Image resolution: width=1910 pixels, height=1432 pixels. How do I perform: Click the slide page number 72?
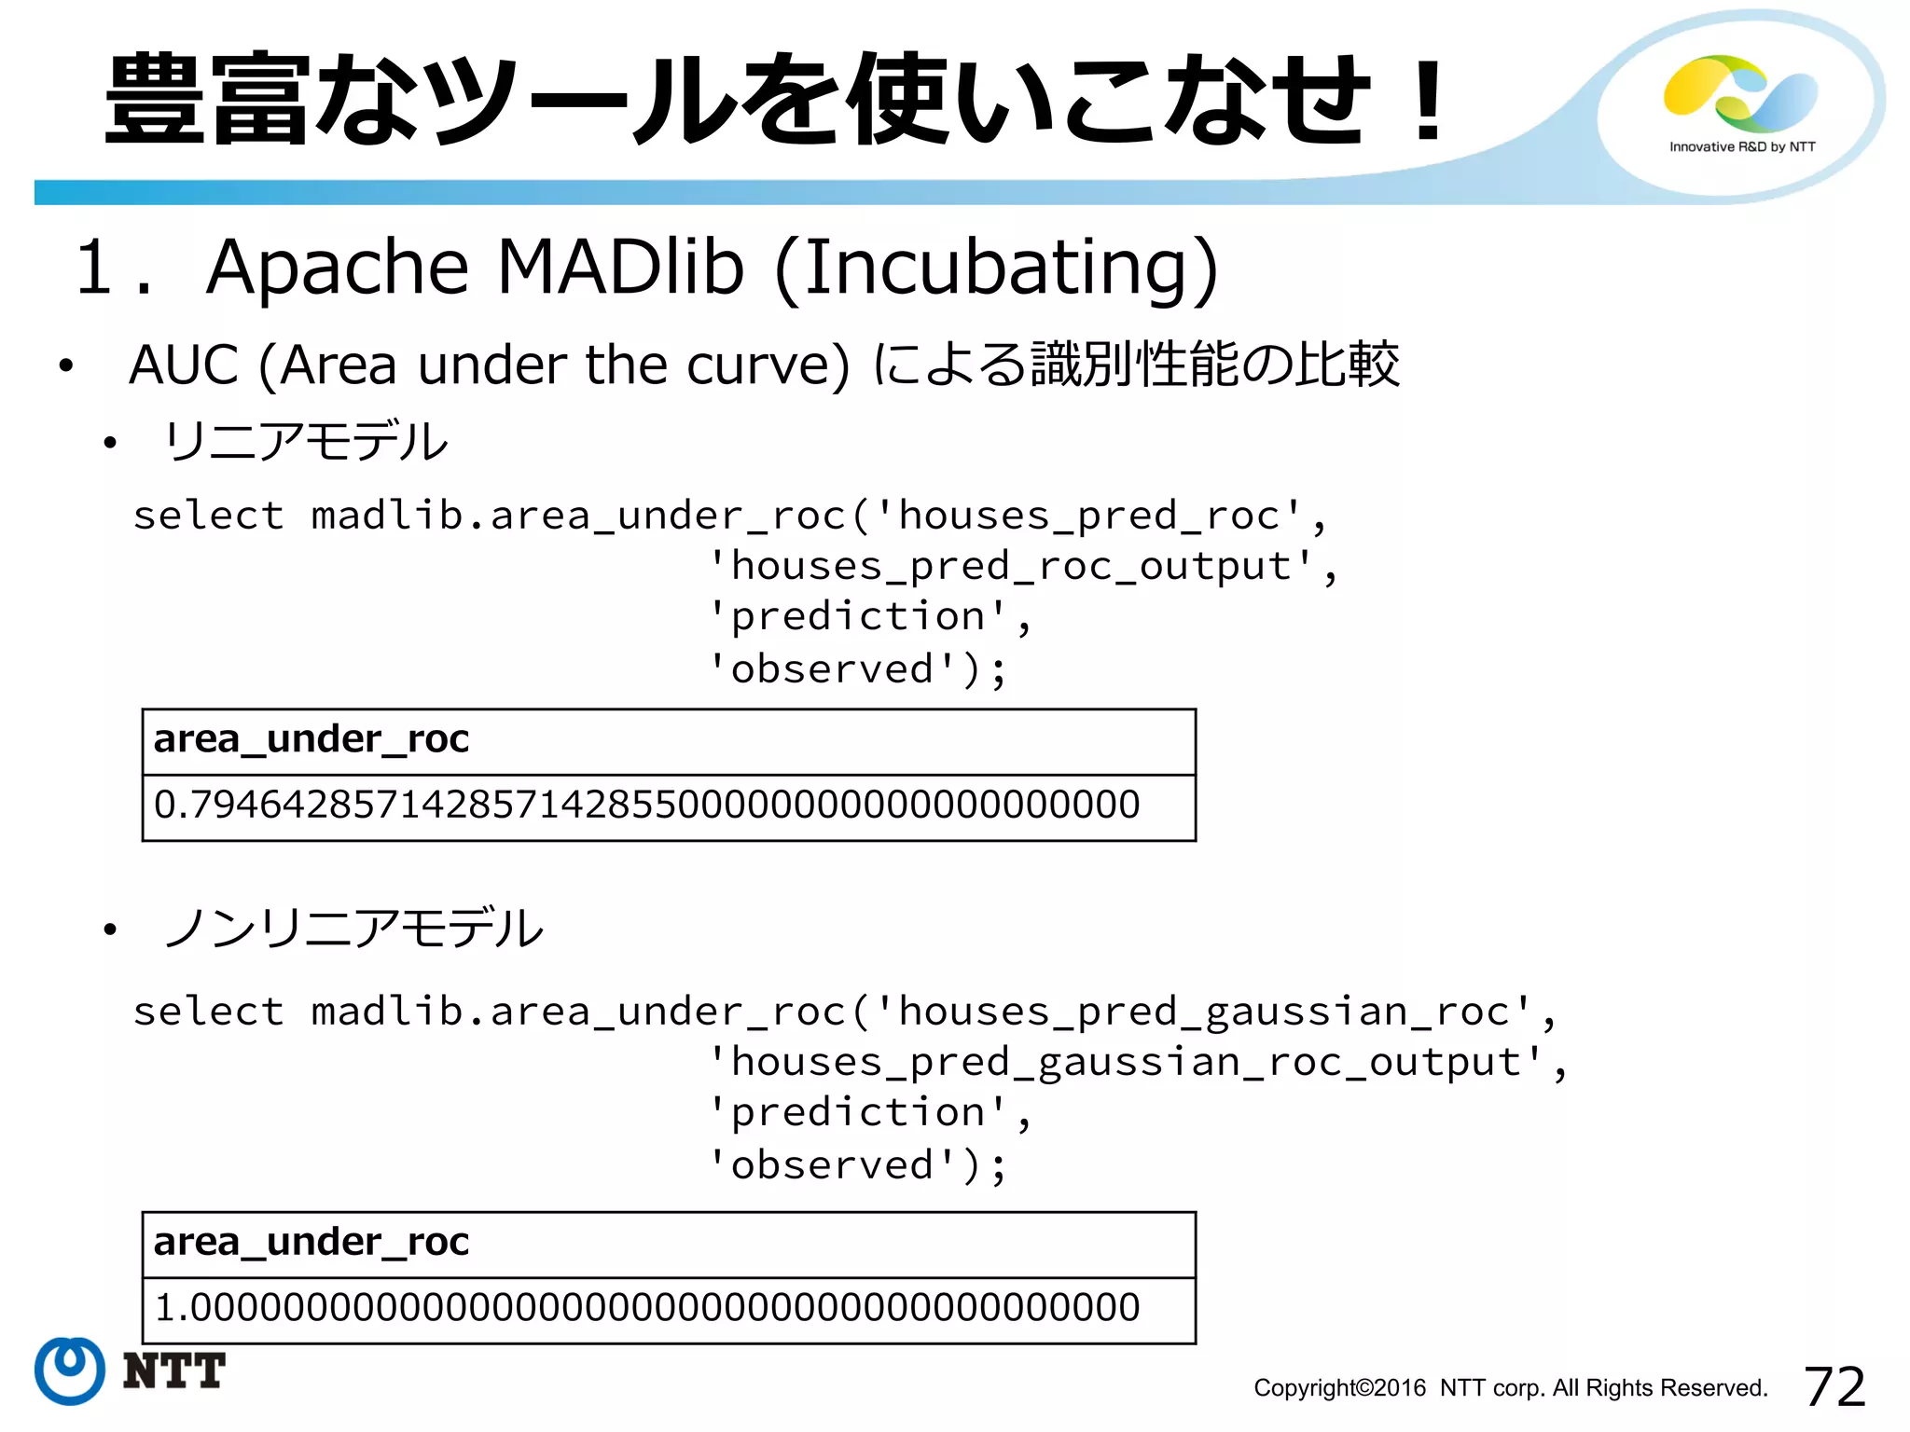(1834, 1386)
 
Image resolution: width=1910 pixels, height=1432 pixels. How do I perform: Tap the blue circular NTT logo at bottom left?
(70, 1370)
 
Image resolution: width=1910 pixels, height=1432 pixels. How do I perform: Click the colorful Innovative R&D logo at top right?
(1740, 93)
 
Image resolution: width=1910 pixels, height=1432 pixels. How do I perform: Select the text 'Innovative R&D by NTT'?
(1742, 146)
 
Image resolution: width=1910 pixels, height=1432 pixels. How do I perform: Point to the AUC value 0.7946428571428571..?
(646, 805)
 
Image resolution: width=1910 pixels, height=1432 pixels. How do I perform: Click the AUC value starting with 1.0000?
(646, 1307)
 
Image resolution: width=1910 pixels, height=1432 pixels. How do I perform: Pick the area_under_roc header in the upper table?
(311, 739)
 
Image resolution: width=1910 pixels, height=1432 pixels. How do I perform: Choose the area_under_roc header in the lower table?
(311, 1242)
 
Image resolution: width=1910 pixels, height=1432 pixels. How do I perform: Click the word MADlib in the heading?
(620, 268)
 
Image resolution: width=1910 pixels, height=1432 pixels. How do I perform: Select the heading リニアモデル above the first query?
(306, 442)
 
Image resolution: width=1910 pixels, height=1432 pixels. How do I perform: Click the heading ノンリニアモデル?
(353, 929)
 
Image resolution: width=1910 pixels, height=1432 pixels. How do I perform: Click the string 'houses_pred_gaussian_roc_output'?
(1127, 1063)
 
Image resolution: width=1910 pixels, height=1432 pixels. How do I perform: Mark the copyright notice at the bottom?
(1510, 1388)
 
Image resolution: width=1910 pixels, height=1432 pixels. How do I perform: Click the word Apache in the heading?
(337, 268)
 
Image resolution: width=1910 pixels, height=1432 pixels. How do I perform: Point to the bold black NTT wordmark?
(174, 1370)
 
